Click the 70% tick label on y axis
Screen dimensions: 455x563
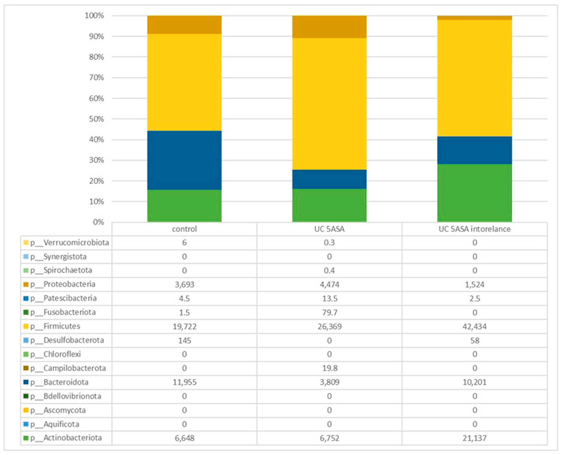96,78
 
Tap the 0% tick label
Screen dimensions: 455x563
98,222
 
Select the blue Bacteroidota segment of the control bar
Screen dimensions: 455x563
184,160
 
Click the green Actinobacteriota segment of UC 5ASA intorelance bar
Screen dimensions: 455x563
474,193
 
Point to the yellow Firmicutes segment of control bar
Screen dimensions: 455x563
184,82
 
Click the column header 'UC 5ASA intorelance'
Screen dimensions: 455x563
474,229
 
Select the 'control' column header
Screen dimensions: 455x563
184,229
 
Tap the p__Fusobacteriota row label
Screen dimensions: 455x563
69,312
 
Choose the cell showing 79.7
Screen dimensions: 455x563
329,312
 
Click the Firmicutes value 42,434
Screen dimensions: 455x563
474,327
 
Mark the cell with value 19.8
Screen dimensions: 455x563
329,368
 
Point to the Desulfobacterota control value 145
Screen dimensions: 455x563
184,341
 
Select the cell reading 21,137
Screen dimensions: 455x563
474,438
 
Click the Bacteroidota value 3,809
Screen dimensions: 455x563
329,382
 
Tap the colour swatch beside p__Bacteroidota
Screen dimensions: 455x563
26,382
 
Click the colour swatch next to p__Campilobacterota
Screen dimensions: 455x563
26,368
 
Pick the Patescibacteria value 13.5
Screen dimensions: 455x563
329,298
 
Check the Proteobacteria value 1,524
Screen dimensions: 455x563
474,285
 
